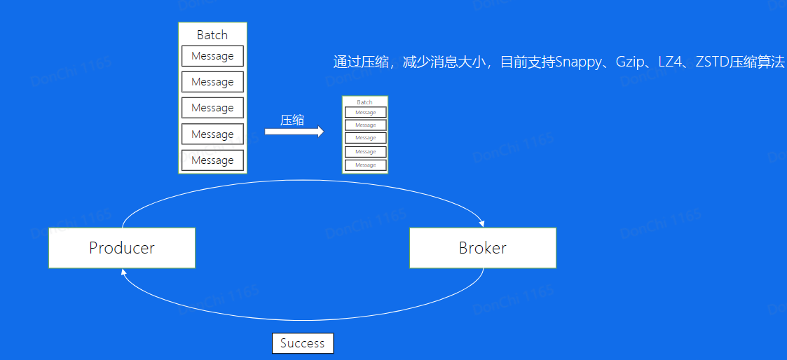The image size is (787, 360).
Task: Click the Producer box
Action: point(121,248)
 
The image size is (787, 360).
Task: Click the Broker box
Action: point(482,248)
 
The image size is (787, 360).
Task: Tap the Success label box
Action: point(303,343)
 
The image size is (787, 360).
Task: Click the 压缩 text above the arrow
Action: point(292,120)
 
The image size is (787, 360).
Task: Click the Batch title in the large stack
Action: point(212,35)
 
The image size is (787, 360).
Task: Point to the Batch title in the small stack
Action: point(364,102)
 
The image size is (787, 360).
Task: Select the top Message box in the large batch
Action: point(212,56)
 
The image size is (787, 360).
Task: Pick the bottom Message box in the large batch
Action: point(212,160)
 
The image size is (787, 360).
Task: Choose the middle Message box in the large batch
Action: point(212,108)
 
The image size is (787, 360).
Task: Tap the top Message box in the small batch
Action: point(365,113)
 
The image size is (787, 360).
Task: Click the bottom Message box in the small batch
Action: point(365,165)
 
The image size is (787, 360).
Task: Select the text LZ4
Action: point(671,62)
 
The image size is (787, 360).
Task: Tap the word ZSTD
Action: point(711,62)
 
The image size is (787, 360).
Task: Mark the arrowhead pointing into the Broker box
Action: point(482,223)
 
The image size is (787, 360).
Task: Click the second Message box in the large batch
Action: point(212,82)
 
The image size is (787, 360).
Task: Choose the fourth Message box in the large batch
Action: point(212,134)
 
